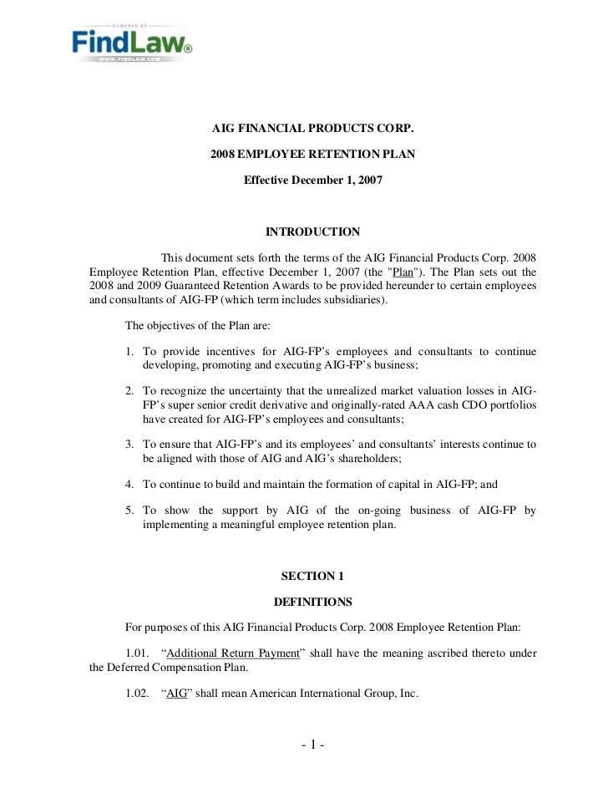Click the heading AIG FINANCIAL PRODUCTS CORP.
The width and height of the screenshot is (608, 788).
pyautogui.click(x=312, y=130)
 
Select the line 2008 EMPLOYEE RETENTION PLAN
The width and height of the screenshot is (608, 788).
pyautogui.click(x=312, y=155)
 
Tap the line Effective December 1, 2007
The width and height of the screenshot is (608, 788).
pyautogui.click(x=312, y=180)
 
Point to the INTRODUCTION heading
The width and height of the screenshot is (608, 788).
pyautogui.click(x=312, y=231)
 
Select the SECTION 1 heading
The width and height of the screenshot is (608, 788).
pyautogui.click(x=312, y=576)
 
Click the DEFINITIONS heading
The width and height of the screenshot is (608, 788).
pyautogui.click(x=312, y=602)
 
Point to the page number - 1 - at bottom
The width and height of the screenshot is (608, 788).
pyautogui.click(x=312, y=746)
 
